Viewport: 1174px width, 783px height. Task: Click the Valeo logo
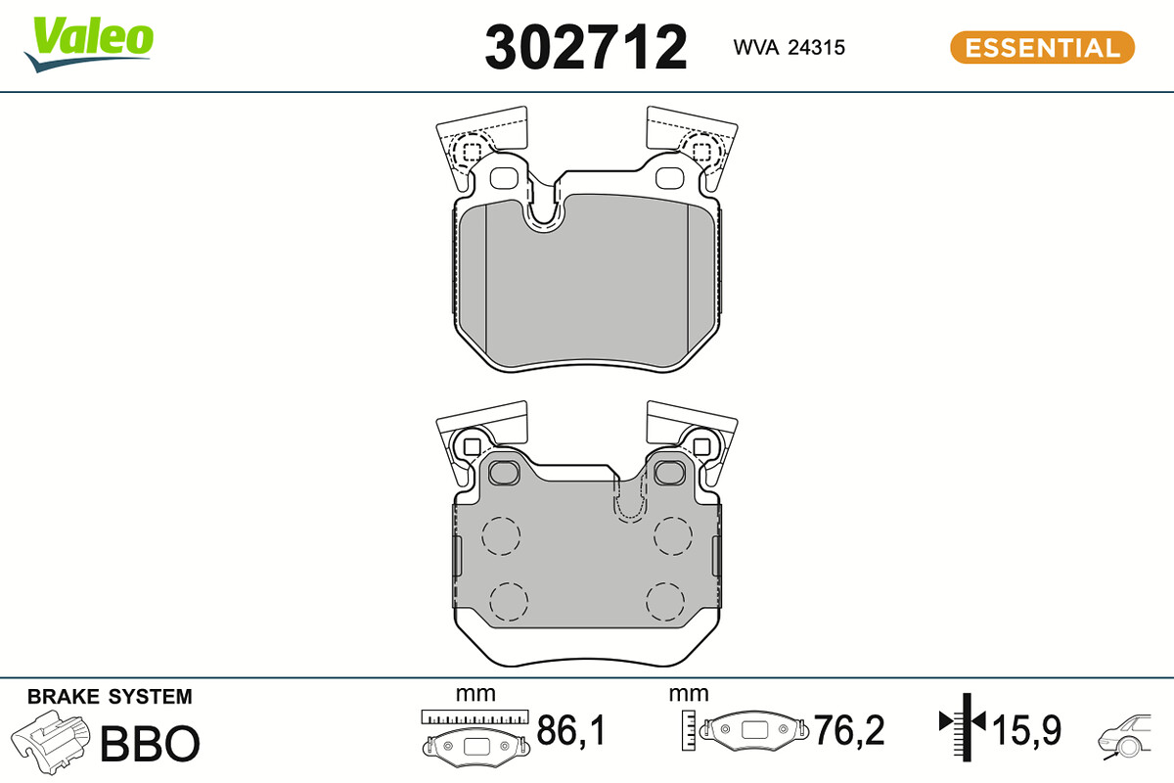tap(89, 45)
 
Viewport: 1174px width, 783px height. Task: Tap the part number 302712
tap(585, 48)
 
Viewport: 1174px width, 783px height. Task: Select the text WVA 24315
tap(789, 48)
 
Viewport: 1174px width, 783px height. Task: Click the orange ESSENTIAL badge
tap(1042, 48)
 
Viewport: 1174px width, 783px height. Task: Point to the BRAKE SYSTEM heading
tap(110, 697)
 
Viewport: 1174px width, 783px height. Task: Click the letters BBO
tap(150, 743)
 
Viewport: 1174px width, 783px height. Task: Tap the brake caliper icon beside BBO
tap(50, 742)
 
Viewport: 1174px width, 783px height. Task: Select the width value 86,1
tap(570, 730)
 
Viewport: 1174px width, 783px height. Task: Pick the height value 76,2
tap(848, 730)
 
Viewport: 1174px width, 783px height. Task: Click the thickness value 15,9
tap(1026, 730)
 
